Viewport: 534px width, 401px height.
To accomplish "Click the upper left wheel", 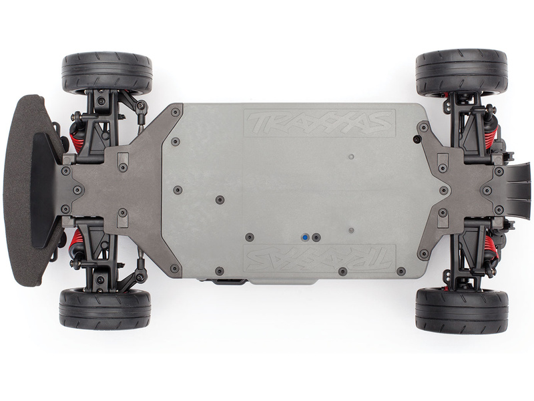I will tap(107, 73).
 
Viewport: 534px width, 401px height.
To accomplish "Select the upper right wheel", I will tap(461, 72).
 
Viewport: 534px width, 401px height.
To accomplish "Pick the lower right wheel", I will tap(461, 310).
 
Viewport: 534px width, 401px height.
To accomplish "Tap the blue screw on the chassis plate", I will tap(304, 237).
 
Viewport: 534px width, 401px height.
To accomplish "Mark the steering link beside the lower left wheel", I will tap(141, 267).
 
